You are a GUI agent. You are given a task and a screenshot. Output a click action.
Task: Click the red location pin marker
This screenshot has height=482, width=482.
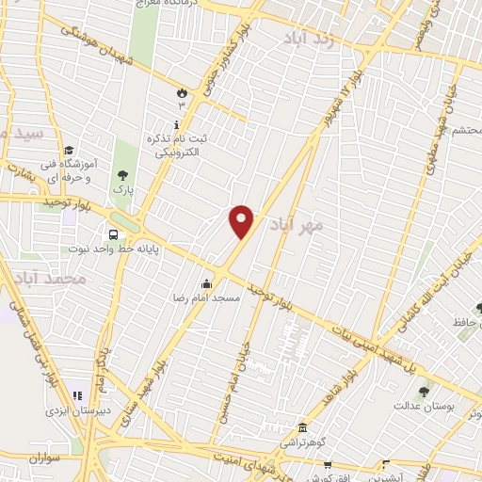pos(242,221)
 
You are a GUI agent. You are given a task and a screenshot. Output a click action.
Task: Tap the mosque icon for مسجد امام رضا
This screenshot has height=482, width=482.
pos(207,283)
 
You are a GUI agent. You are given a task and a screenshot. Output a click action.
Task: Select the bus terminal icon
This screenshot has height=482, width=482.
pos(113,234)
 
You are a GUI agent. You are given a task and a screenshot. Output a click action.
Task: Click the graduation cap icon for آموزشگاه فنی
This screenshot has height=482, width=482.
pos(68,151)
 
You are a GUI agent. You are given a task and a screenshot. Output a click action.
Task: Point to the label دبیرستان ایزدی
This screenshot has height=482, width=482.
pos(80,411)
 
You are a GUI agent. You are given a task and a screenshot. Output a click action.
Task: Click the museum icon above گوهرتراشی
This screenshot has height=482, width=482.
pos(301,426)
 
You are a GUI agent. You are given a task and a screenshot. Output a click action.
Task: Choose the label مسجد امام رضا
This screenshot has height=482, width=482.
pos(212,297)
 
